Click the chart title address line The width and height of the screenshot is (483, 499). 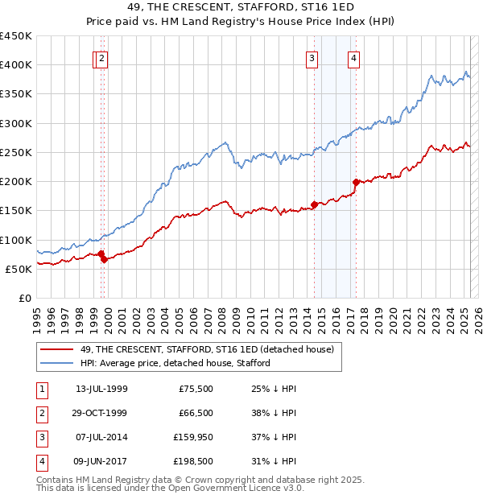[x=241, y=7]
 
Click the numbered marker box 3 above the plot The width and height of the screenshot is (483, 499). [x=311, y=57]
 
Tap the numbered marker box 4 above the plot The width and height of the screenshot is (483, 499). [x=354, y=57]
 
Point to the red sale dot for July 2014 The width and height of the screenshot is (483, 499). [x=314, y=204]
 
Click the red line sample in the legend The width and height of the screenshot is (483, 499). [x=57, y=349]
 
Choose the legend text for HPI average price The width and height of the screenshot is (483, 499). [x=175, y=363]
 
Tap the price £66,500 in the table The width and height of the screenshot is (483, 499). [x=196, y=414]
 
